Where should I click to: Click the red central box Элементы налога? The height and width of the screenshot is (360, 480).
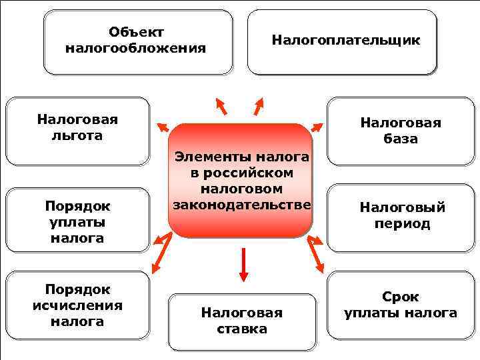point(241,180)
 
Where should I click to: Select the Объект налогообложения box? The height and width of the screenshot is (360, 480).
point(138,41)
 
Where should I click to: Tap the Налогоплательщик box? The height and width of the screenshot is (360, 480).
point(343,41)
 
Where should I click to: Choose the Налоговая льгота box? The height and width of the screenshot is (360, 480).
point(77,131)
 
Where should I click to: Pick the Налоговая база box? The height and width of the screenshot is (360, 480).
point(401,131)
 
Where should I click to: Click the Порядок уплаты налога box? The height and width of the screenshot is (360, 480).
point(77,220)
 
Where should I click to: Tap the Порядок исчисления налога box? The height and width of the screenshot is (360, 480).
point(77,305)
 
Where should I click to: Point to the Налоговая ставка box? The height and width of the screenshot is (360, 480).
point(242,321)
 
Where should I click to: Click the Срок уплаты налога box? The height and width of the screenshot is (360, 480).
point(401,305)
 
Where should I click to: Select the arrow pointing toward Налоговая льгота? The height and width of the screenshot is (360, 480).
point(162,126)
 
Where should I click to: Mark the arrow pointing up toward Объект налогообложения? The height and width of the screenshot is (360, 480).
point(221,106)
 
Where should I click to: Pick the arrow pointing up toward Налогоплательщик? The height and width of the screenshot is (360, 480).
point(259,105)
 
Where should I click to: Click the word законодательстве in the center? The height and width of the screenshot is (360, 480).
point(241,204)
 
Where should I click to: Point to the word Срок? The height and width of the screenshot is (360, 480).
point(401,297)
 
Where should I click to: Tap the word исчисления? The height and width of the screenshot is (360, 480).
point(77,305)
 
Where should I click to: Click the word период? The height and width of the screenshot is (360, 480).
point(403,224)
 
